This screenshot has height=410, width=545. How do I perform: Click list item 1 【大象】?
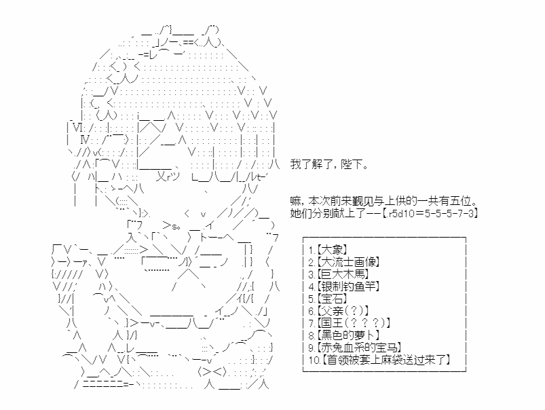point(328,250)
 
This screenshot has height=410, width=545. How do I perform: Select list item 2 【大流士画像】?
point(343,262)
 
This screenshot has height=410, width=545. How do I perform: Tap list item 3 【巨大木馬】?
point(339,274)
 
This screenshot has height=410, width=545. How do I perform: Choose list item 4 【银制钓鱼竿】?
point(343,286)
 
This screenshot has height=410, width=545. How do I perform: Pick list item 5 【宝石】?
point(328,299)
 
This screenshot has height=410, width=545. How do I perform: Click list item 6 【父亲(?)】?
point(339,311)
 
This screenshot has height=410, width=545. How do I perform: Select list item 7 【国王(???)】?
point(349,323)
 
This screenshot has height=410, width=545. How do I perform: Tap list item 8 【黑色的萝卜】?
point(343,335)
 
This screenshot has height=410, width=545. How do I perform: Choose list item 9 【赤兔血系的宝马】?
point(354,348)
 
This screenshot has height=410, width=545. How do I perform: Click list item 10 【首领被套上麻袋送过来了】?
point(379,360)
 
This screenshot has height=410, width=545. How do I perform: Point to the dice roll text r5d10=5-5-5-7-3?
point(431,214)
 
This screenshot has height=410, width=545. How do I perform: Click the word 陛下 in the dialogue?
point(351,164)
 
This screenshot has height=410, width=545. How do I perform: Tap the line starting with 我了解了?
point(329,164)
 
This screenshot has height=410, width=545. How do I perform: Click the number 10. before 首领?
point(314,360)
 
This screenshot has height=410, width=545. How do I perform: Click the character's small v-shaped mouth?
point(204,215)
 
